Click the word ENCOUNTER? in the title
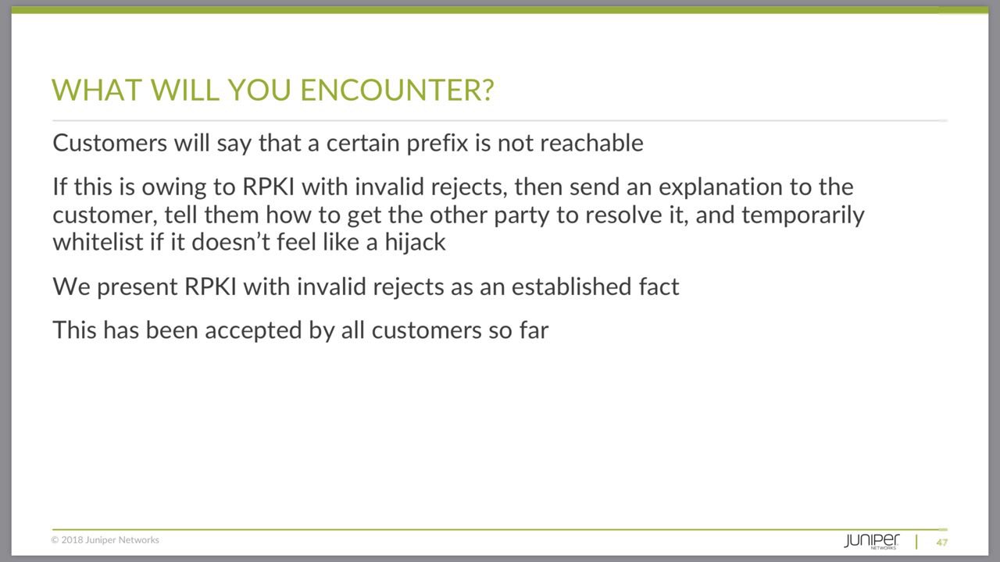point(398,90)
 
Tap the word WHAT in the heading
point(97,90)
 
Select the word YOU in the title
point(260,90)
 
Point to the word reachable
point(591,143)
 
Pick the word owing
point(174,187)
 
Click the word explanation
point(720,187)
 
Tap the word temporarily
point(802,215)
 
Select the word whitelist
point(98,242)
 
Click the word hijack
point(415,242)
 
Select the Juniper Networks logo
point(871,541)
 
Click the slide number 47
point(942,542)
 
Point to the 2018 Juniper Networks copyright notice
point(105,539)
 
